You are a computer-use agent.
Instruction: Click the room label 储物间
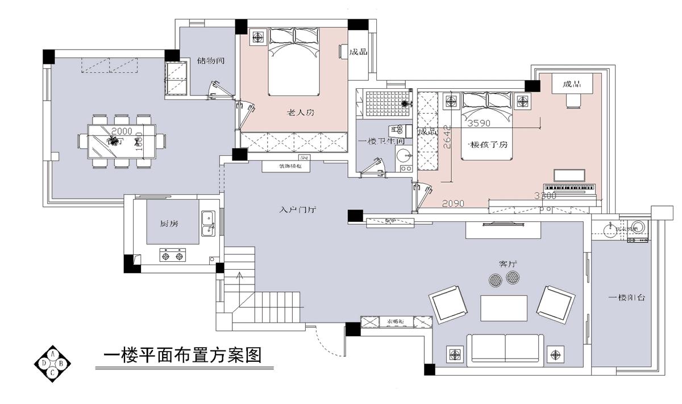(208, 60)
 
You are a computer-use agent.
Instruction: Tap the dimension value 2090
(454, 203)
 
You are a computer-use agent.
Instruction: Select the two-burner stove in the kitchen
(173, 256)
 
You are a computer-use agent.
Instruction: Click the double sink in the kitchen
(208, 223)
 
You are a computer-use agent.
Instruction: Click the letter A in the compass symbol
(53, 354)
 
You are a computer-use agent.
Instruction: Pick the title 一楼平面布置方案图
(182, 356)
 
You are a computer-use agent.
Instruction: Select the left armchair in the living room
(448, 304)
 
